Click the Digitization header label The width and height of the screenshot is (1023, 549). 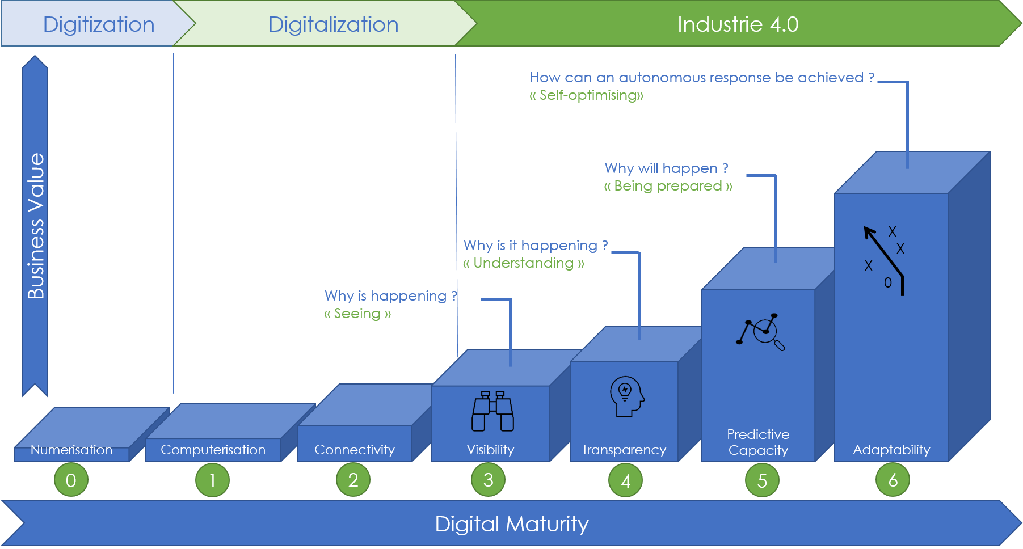99,24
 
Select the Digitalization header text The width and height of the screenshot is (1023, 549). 333,24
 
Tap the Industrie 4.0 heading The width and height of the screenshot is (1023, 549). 738,24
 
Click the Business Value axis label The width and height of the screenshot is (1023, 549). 36,226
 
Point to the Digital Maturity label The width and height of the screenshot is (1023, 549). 511,523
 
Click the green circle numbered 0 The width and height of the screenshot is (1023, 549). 71,480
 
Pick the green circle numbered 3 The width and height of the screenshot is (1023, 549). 488,480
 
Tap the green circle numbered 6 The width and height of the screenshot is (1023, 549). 893,480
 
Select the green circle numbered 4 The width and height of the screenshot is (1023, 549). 625,481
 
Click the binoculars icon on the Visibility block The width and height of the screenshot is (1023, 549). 492,411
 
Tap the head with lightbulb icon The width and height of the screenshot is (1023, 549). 626,396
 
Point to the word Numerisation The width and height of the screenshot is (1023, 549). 71,450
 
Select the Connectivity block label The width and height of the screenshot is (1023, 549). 355,450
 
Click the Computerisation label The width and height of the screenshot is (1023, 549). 213,450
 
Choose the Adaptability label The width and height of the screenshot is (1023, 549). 891,450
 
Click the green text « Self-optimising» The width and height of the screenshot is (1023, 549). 586,95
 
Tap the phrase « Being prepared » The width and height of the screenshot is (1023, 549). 668,186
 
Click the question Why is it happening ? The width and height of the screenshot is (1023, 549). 536,245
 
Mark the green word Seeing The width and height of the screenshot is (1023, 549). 357,313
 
